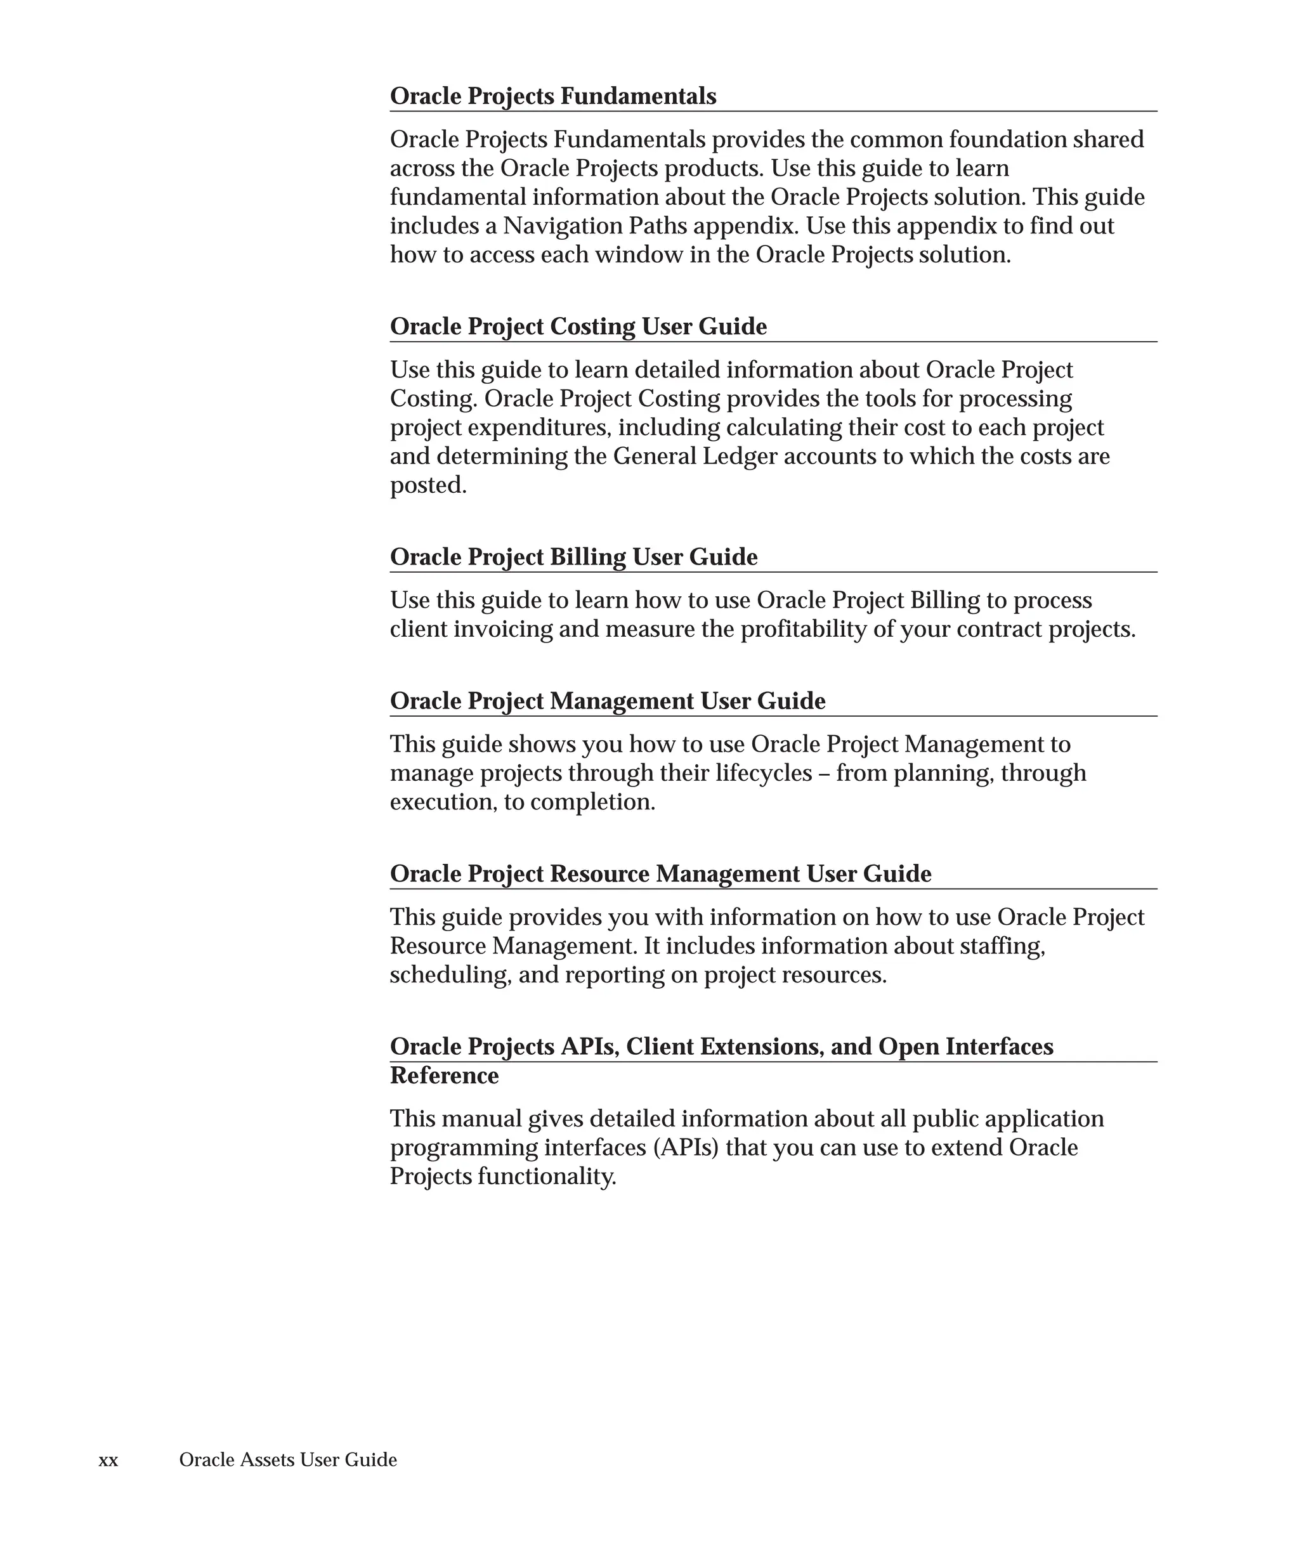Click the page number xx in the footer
[x=108, y=1460]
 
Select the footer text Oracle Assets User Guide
[x=288, y=1459]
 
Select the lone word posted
[x=428, y=485]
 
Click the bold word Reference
[x=444, y=1076]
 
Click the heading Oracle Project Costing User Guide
[x=578, y=327]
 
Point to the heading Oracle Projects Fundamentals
[x=553, y=96]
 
